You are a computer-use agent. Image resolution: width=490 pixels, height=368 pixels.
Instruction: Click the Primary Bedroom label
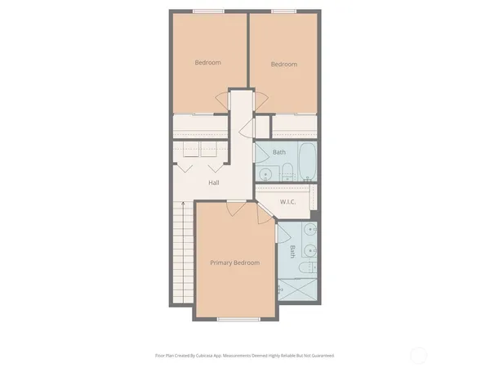pos(234,263)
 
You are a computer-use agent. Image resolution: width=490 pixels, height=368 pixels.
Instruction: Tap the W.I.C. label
pos(287,202)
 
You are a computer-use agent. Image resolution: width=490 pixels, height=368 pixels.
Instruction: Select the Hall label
pos(213,182)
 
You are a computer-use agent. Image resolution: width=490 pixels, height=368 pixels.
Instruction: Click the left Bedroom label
pos(207,62)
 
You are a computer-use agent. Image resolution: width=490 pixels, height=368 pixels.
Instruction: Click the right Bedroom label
pos(283,65)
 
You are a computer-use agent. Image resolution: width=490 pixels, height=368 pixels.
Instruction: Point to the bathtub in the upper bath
pos(308,161)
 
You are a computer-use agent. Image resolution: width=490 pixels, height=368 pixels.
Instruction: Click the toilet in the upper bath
pos(288,172)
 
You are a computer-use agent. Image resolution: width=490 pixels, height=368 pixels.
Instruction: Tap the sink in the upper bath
pos(267,174)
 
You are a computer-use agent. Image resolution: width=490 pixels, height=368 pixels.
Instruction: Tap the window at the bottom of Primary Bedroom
pos(238,318)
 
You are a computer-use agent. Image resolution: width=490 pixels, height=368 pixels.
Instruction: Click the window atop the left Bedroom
pos(207,11)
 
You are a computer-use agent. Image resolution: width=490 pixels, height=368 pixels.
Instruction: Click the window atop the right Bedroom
pos(283,11)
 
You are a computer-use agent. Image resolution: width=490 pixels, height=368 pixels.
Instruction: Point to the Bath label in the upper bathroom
pos(279,152)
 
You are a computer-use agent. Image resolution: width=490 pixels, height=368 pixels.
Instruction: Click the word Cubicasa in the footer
pos(216,356)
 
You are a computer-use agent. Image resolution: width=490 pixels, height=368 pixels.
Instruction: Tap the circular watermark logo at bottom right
pos(418,354)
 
